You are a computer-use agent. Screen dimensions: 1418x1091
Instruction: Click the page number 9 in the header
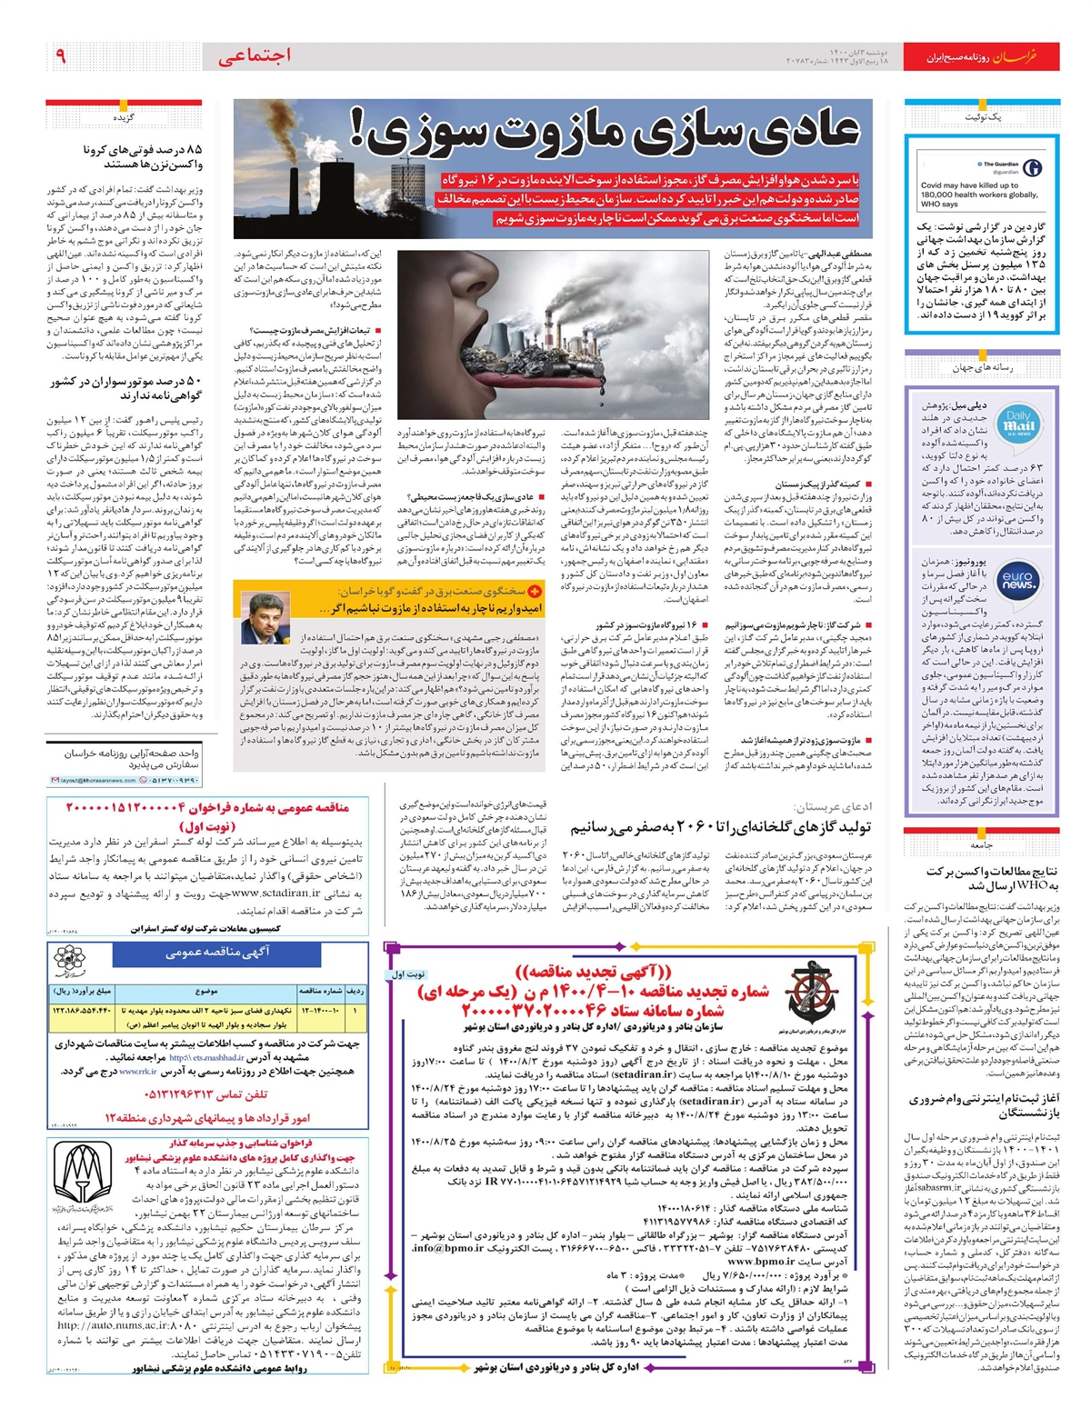pyautogui.click(x=61, y=56)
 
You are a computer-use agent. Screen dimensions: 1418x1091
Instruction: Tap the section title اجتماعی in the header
pyautogui.click(x=255, y=56)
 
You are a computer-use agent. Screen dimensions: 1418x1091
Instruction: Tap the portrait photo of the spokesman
pyautogui.click(x=263, y=617)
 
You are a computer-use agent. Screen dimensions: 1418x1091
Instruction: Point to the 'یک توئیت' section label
pyautogui.click(x=982, y=117)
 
